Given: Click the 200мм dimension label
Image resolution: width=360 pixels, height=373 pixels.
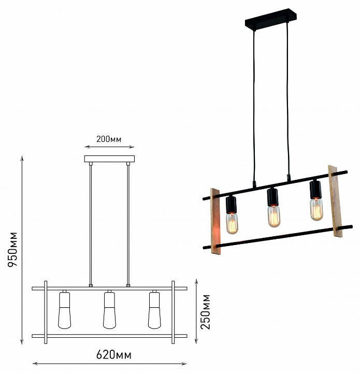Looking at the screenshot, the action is click(109, 139).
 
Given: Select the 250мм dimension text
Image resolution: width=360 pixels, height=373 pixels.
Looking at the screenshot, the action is click(206, 312).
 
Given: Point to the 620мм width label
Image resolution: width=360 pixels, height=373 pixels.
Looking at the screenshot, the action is click(113, 355).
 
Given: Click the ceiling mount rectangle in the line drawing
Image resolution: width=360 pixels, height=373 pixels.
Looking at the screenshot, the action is click(109, 159).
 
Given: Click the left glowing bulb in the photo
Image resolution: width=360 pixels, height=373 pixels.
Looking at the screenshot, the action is click(232, 223).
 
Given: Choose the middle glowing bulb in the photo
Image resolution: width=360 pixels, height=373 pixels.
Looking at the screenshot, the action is click(274, 216).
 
